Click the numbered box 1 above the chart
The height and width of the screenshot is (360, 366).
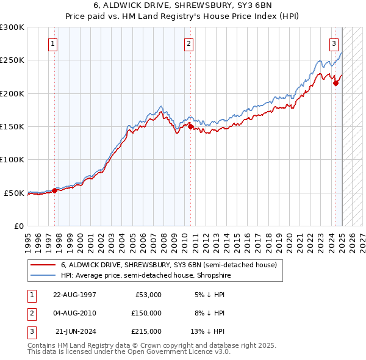pyautogui.click(x=54, y=43)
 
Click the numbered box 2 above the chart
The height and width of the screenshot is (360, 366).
pyautogui.click(x=189, y=43)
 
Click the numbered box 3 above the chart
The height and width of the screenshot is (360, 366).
pyautogui.click(x=334, y=43)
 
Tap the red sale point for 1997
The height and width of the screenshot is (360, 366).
pyautogui.click(x=55, y=190)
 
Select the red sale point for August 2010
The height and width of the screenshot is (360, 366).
pyautogui.click(x=190, y=127)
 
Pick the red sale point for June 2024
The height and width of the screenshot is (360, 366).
pyautogui.click(x=335, y=84)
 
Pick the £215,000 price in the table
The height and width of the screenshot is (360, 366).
pyautogui.click(x=147, y=331)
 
